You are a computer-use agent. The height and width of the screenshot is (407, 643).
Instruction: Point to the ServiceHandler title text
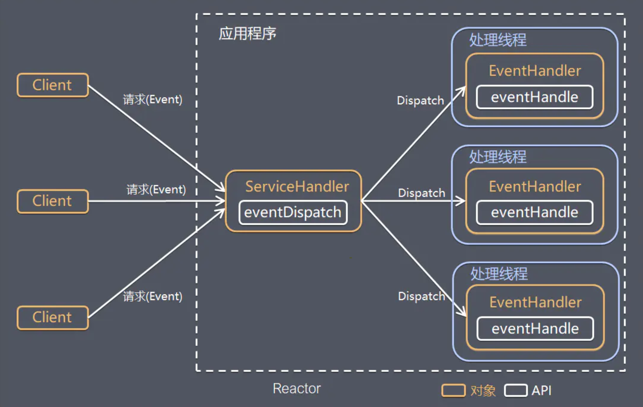coord(297,186)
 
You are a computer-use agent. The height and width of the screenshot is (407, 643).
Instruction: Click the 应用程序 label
coord(248,33)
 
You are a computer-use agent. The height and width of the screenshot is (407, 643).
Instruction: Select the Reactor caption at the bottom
coord(297,388)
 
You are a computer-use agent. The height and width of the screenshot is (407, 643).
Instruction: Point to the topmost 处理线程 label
coord(498,40)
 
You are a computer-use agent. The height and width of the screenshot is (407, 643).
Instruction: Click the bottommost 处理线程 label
coord(499,274)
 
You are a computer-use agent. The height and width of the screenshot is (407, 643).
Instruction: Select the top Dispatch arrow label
coord(421,101)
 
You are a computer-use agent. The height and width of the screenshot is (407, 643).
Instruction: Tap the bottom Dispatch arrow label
coord(421,296)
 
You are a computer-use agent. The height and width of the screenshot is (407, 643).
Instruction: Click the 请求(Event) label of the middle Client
coord(156,189)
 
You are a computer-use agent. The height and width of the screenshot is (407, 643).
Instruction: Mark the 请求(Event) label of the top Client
coord(152,99)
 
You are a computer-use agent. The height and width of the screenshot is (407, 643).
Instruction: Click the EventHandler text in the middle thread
coord(535,186)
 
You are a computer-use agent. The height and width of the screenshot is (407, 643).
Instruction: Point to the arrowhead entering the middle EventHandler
coord(461,201)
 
